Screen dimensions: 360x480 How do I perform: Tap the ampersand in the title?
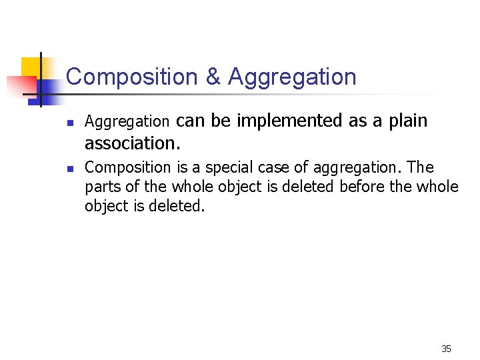point(213,77)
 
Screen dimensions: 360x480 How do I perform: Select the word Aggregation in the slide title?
point(292,77)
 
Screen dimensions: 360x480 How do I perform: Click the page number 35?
point(446,349)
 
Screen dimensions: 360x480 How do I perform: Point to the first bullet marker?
point(69,123)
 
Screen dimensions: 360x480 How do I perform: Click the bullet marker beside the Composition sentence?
point(69,168)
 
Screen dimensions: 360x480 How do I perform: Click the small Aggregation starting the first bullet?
point(127,122)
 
